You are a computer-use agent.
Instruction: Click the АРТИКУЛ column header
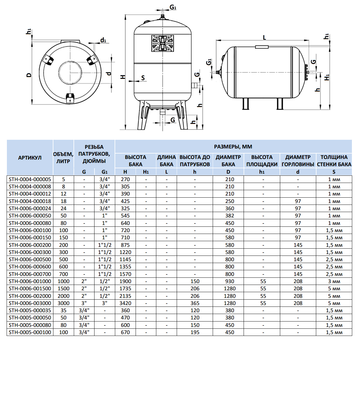click(x=30, y=157)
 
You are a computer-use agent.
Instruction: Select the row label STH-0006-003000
click(x=30, y=303)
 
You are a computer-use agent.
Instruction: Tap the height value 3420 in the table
click(x=125, y=303)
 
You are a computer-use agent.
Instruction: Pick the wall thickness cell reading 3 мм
click(x=334, y=281)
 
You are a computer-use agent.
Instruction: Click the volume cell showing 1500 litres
click(x=63, y=289)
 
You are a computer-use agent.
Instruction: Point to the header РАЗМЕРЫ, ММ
click(x=233, y=147)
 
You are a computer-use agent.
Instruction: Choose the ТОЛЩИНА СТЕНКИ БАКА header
click(x=334, y=160)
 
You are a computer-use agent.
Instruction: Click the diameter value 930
click(x=229, y=281)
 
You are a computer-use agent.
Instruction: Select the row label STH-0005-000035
click(x=30, y=310)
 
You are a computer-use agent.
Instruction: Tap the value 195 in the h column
click(x=195, y=332)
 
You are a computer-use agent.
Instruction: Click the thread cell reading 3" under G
click(x=84, y=303)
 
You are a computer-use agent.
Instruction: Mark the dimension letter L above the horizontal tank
click(x=264, y=37)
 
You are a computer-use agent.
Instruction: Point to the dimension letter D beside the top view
click(x=29, y=75)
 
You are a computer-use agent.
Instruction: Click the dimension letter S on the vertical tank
click(x=143, y=78)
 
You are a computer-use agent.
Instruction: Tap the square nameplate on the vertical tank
click(x=162, y=43)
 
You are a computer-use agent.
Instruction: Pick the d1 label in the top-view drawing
click(x=103, y=40)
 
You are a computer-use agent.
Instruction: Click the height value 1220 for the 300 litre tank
click(x=125, y=252)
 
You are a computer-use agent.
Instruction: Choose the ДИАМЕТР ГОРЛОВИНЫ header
click(x=298, y=160)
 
